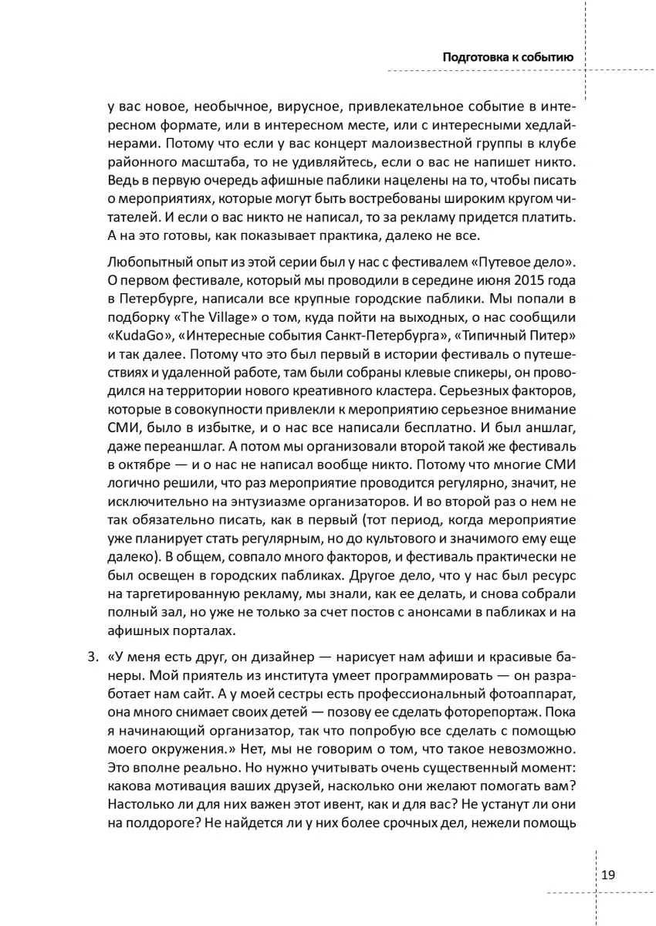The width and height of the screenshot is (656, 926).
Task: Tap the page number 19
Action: click(x=607, y=874)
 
